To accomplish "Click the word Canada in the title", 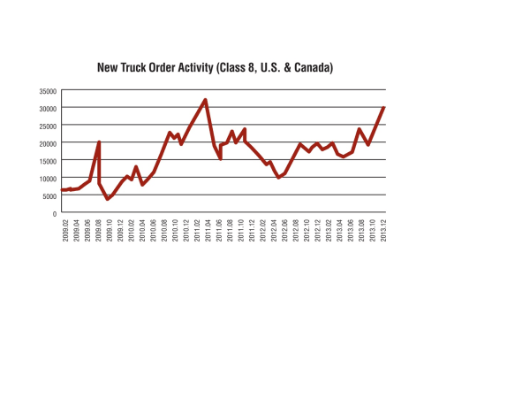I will (x=310, y=67).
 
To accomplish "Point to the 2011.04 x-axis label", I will (x=207, y=234).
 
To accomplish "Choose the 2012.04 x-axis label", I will (x=275, y=234).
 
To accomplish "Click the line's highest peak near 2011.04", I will (x=206, y=100).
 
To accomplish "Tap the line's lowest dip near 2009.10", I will (x=108, y=199).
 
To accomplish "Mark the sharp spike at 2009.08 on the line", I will (x=99, y=142).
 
